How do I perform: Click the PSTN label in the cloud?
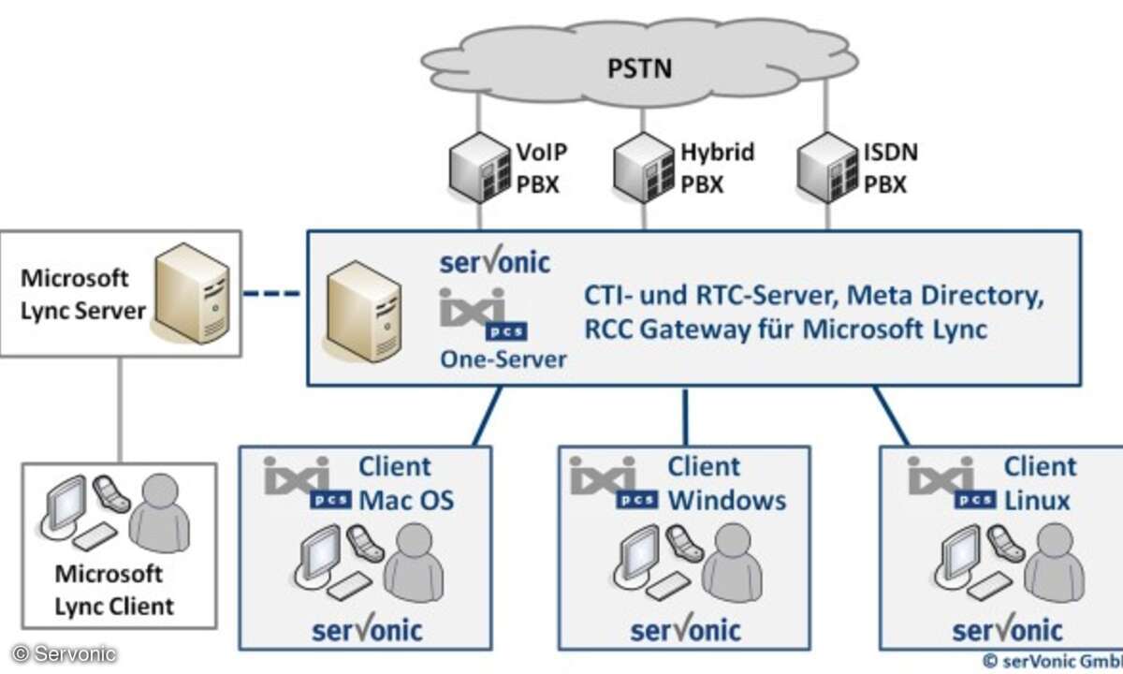[639, 68]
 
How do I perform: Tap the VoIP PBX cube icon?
[480, 168]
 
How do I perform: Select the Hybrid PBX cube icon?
[644, 168]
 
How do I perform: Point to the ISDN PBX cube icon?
[827, 168]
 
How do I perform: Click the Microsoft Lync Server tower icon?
[192, 293]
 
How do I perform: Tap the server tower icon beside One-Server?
[363, 312]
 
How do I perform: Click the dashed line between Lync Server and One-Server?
[271, 293]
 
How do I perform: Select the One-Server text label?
[503, 359]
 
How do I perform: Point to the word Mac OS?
[406, 501]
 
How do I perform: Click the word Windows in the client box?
[727, 501]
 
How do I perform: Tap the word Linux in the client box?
[1037, 501]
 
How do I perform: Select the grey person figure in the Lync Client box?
[159, 513]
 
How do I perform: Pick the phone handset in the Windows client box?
[685, 543]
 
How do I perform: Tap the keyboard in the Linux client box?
[990, 586]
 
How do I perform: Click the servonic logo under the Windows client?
[685, 629]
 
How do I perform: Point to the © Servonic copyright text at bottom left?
[64, 654]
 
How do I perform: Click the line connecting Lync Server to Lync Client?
[120, 410]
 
